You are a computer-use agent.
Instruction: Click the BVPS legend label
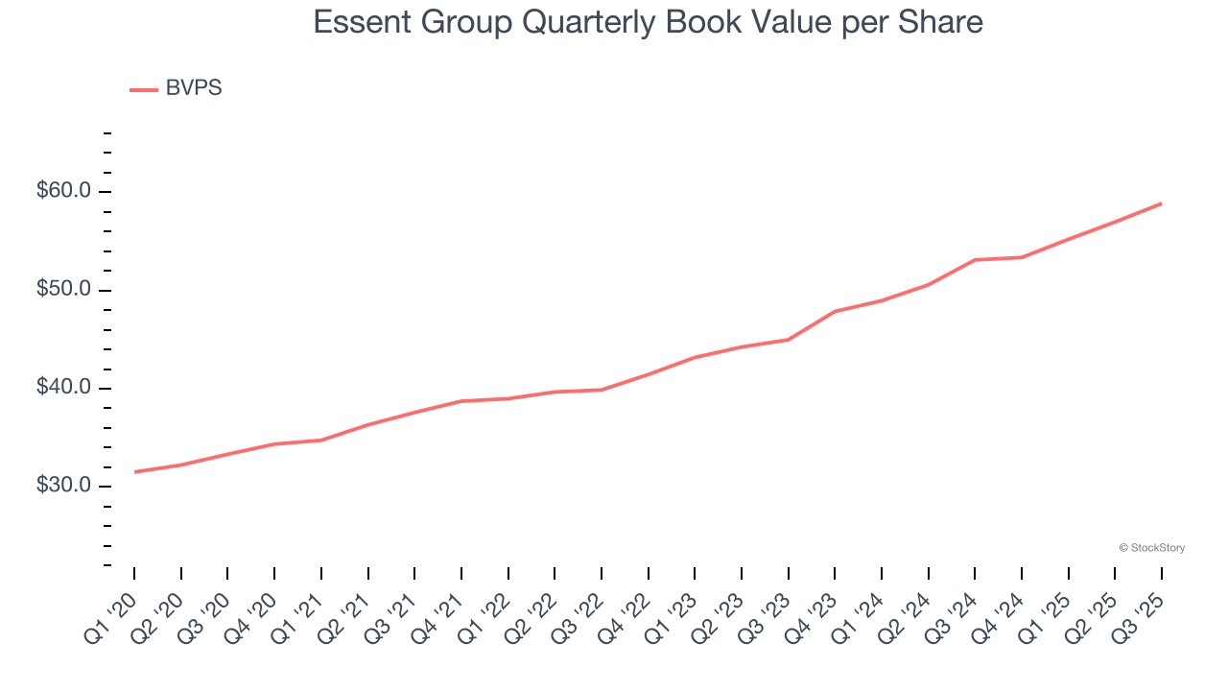[193, 88]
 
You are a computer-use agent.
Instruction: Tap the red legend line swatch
[143, 90]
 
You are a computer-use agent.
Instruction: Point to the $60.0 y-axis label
[64, 191]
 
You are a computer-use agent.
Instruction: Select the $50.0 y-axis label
[64, 290]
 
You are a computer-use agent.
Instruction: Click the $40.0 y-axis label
[64, 388]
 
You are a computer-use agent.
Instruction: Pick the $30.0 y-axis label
[64, 486]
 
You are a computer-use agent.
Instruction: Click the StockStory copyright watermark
[1151, 548]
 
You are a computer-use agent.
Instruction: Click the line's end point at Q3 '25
[1161, 203]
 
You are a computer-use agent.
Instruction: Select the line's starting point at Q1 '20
[134, 471]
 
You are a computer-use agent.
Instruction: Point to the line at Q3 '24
[975, 259]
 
